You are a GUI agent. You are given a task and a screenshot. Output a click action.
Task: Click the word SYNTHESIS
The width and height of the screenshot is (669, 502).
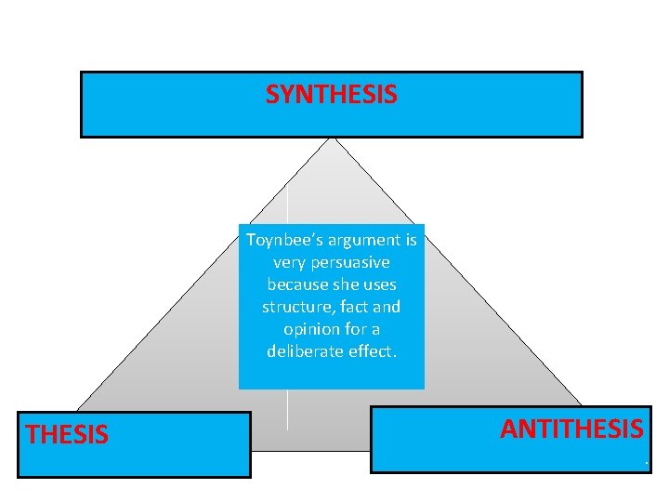pyautogui.click(x=331, y=94)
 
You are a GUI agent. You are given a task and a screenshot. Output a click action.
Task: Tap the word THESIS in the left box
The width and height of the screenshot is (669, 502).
pyautogui.click(x=67, y=434)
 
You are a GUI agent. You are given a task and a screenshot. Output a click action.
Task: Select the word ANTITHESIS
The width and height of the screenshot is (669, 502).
pyautogui.click(x=571, y=429)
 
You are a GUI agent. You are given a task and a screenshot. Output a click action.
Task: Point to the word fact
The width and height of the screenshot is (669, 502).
pyautogui.click(x=352, y=307)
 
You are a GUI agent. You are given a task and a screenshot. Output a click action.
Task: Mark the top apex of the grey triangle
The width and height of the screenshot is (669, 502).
pyautogui.click(x=331, y=139)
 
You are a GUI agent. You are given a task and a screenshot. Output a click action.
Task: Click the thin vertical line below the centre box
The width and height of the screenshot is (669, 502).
pyautogui.click(x=287, y=409)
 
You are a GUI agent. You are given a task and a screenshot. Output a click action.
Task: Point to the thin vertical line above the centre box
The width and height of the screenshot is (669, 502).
pyautogui.click(x=287, y=200)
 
